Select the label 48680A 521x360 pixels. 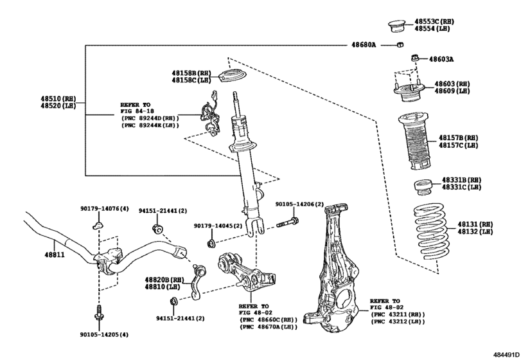click(x=364, y=45)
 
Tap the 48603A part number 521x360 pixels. click(x=441, y=59)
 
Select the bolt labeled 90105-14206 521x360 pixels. click(x=287, y=224)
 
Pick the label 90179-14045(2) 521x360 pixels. click(x=218, y=226)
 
